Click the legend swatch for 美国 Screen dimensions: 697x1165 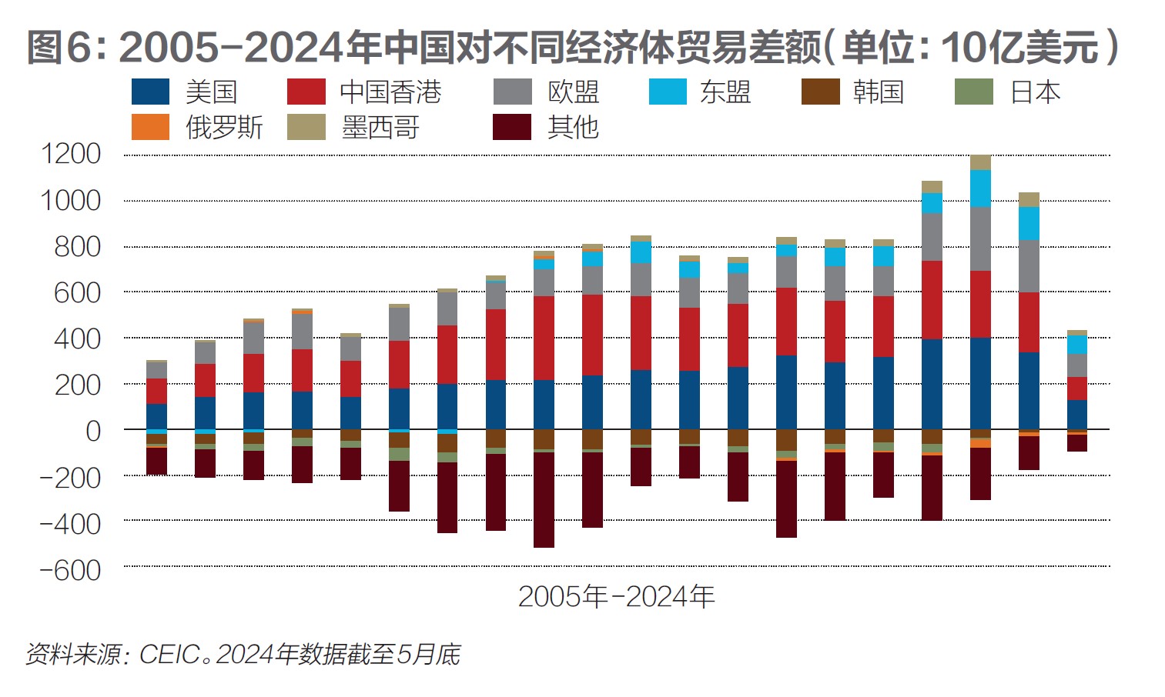tap(150, 92)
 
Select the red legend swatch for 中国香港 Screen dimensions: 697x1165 tap(306, 92)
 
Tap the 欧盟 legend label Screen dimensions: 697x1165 tap(573, 92)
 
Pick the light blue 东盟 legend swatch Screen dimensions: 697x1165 tap(668, 92)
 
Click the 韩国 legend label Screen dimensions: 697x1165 tap(878, 92)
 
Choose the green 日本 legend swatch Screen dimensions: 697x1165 tap(973, 92)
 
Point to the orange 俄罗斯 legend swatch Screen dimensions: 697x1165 tap(150, 127)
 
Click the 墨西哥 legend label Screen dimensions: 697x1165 tap(380, 127)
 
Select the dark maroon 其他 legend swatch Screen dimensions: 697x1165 tap(512, 127)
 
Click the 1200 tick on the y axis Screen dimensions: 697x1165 tap(71, 154)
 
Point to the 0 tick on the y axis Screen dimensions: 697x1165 tap(93, 431)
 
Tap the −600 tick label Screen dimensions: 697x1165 tap(70, 570)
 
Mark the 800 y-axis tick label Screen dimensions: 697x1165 tap(77, 247)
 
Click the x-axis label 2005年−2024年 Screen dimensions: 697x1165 tap(616, 596)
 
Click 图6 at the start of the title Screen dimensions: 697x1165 tap(59, 48)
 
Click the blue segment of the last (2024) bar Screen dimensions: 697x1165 tap(1076, 414)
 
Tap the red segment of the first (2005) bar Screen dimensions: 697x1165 tap(156, 391)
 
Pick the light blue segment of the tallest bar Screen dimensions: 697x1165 tap(980, 188)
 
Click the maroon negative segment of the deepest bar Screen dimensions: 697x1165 tap(544, 500)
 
